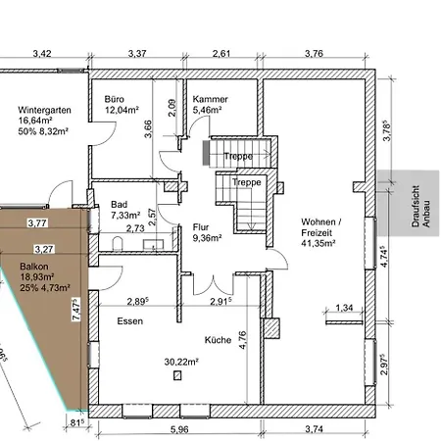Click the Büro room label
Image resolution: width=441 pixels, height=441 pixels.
115,99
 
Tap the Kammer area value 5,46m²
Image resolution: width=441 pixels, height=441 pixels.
208,110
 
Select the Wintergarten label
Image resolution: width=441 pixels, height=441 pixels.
44,110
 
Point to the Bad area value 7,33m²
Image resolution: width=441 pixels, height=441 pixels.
125,216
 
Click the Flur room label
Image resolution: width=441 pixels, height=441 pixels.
201,227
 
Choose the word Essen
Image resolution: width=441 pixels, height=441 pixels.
130,321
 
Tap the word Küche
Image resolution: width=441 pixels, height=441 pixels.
218,340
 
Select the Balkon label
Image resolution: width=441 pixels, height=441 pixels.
34,267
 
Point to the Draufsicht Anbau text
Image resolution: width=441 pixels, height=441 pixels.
420,207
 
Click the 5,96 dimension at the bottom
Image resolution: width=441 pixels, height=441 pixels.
179,429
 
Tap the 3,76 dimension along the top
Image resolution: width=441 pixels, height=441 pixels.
314,53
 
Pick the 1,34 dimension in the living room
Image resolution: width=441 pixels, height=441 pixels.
344,308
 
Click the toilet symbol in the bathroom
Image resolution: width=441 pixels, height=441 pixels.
117,244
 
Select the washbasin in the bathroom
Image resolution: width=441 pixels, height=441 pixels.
154,244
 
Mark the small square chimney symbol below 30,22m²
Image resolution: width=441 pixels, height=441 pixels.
177,375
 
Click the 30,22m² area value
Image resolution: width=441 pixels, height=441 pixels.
181,362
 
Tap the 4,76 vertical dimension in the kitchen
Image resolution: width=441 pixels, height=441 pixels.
243,340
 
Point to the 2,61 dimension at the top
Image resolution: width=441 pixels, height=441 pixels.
221,53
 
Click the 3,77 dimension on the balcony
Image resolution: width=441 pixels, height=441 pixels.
37,223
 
